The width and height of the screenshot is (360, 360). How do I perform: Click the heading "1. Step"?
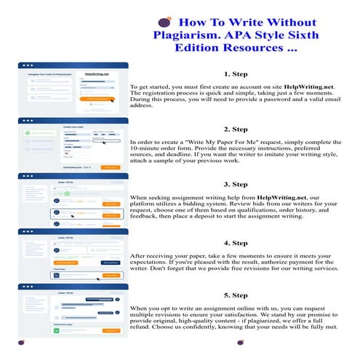point(237,74)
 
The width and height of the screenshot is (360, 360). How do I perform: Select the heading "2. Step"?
point(237,129)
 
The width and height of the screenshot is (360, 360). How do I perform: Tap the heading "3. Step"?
point(237,184)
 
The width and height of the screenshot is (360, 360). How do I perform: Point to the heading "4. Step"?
point(237,242)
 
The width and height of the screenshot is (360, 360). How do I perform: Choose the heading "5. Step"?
point(237,296)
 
